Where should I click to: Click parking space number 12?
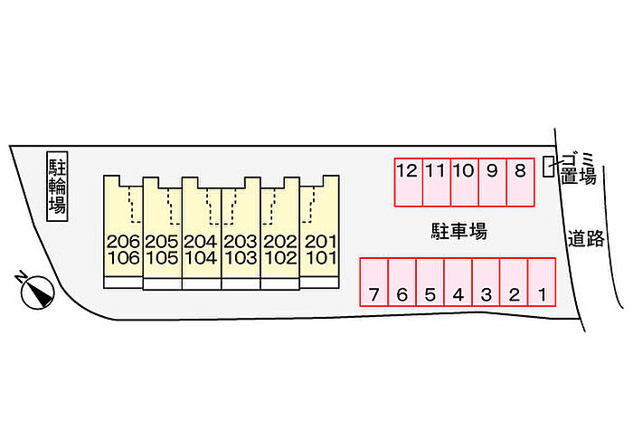pyautogui.click(x=408, y=181)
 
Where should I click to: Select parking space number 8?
pyautogui.click(x=520, y=181)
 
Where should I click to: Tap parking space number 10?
pyautogui.click(x=464, y=181)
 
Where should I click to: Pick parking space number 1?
pyautogui.click(x=541, y=283)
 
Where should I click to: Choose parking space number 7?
pyautogui.click(x=374, y=283)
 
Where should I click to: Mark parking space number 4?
pyautogui.click(x=458, y=283)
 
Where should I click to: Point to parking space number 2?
pyautogui.click(x=514, y=283)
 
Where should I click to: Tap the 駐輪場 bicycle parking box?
pyautogui.click(x=58, y=185)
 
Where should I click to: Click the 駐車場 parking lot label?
pyautogui.click(x=458, y=232)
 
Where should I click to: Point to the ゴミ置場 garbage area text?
pyautogui.click(x=579, y=168)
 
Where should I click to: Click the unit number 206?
pyautogui.click(x=123, y=241)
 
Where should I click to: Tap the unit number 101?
pyautogui.click(x=320, y=257)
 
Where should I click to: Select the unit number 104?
pyautogui.click(x=202, y=257)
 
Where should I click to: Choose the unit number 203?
pyautogui.click(x=241, y=241)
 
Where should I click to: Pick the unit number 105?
pyautogui.click(x=162, y=257)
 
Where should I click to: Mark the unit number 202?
pyautogui.click(x=280, y=241)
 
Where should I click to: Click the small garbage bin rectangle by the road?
pyautogui.click(x=548, y=167)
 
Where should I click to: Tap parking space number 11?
pyautogui.click(x=436, y=181)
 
